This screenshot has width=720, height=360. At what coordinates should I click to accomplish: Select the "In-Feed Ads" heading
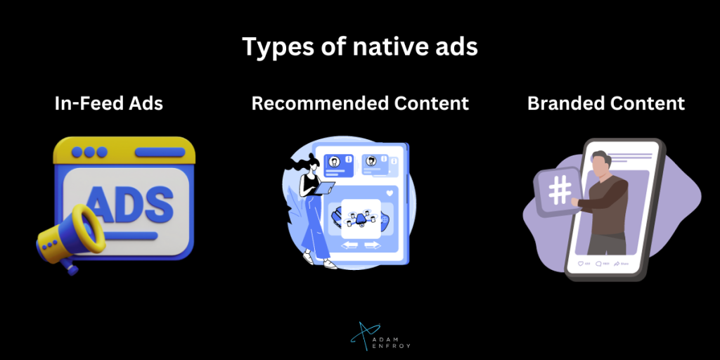coord(109,104)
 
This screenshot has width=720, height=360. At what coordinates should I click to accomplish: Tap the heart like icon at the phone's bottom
coord(581,264)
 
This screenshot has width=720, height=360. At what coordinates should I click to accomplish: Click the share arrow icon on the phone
coord(617,264)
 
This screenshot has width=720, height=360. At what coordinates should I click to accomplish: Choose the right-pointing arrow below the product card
coord(373,245)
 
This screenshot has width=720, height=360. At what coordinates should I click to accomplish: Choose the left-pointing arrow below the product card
coord(349,245)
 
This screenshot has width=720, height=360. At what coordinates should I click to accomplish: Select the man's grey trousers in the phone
coord(605,242)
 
